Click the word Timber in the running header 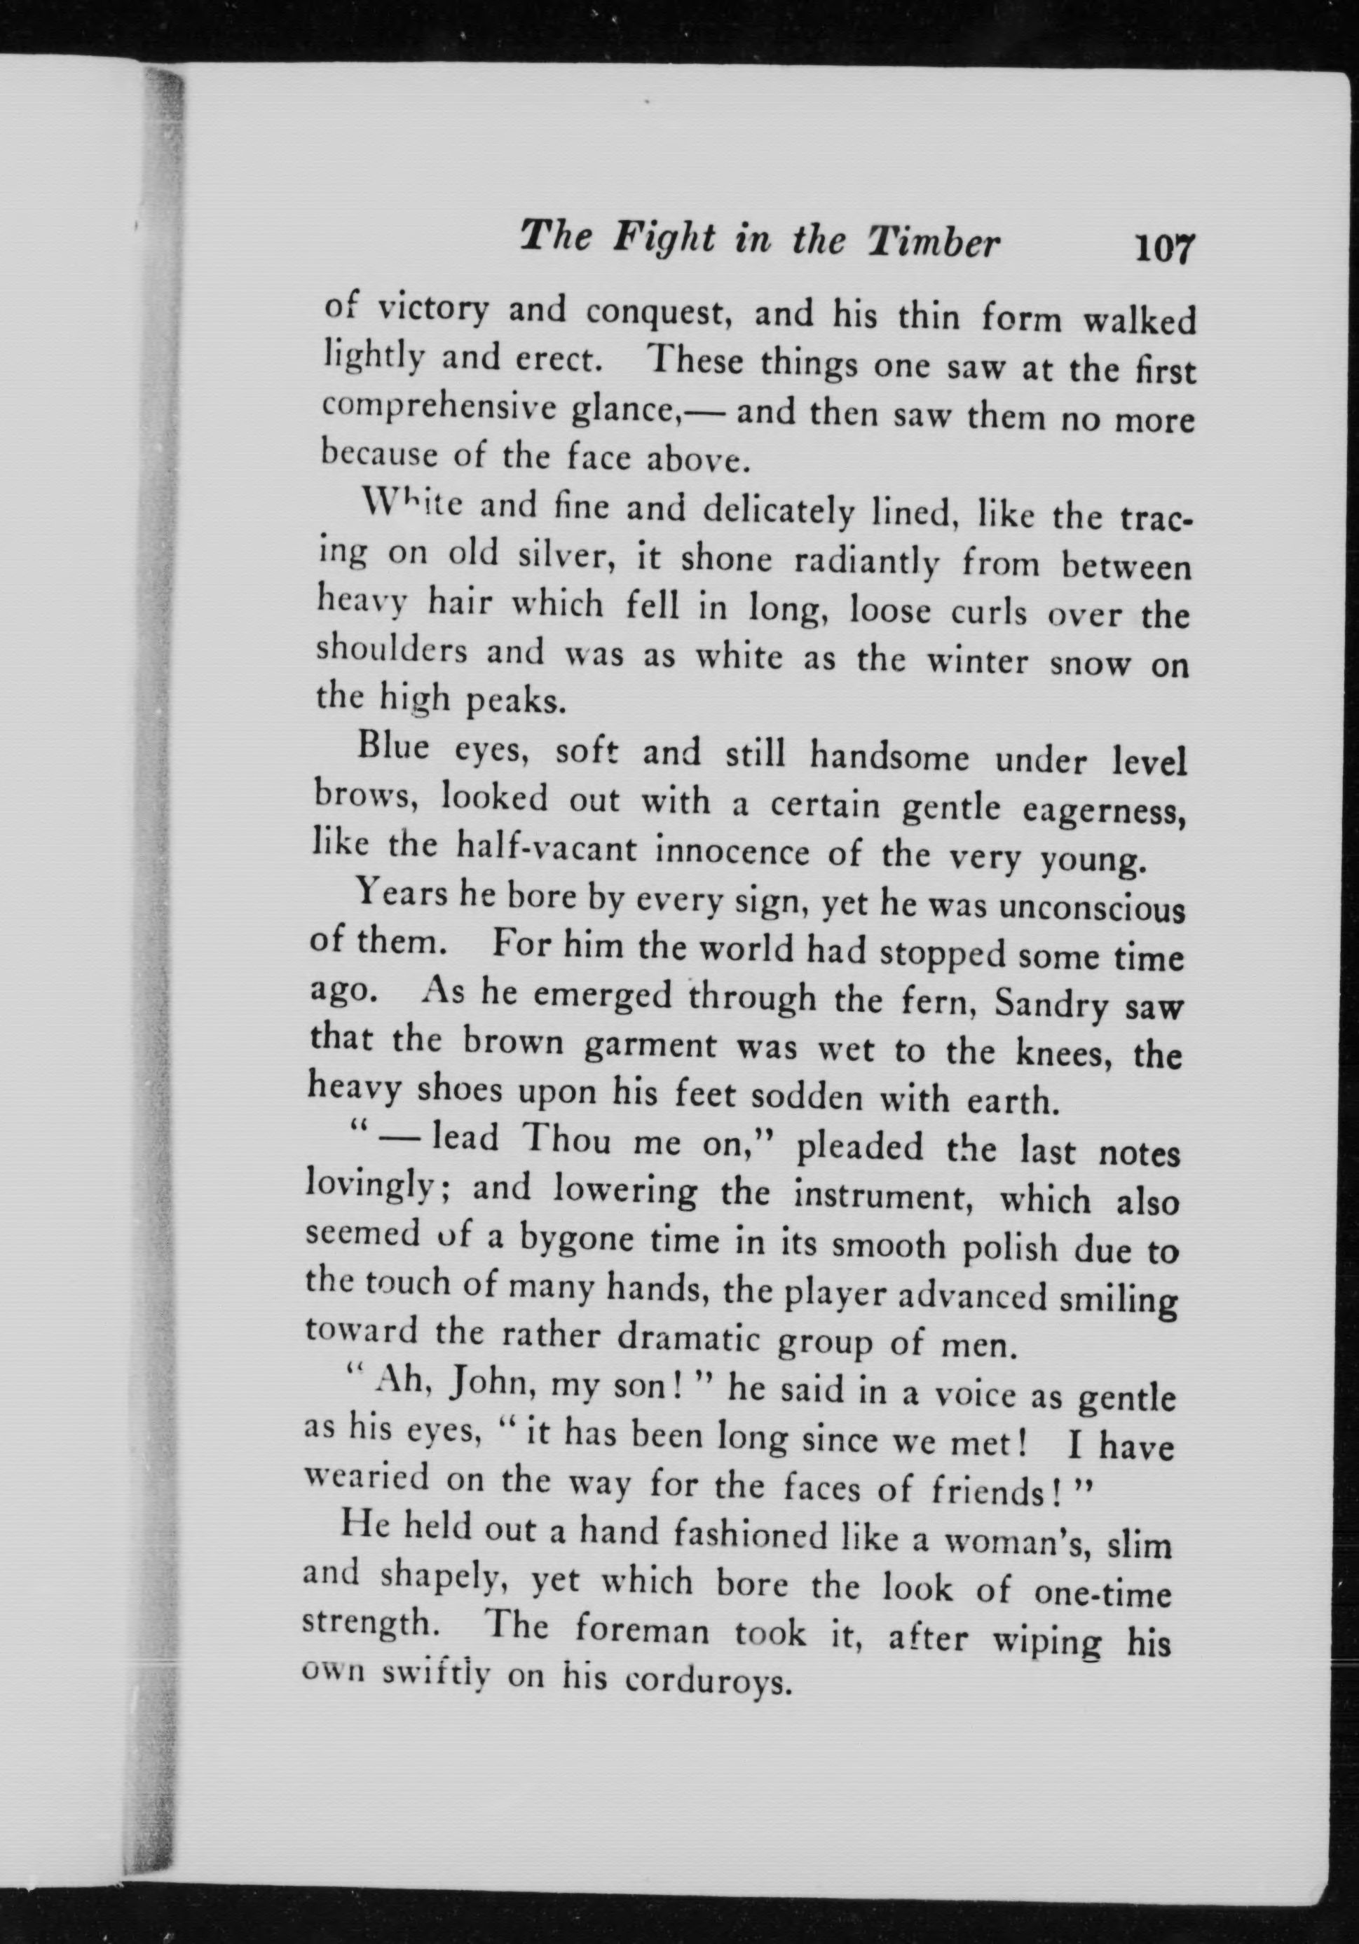click(934, 243)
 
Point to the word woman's click(1005, 1542)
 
